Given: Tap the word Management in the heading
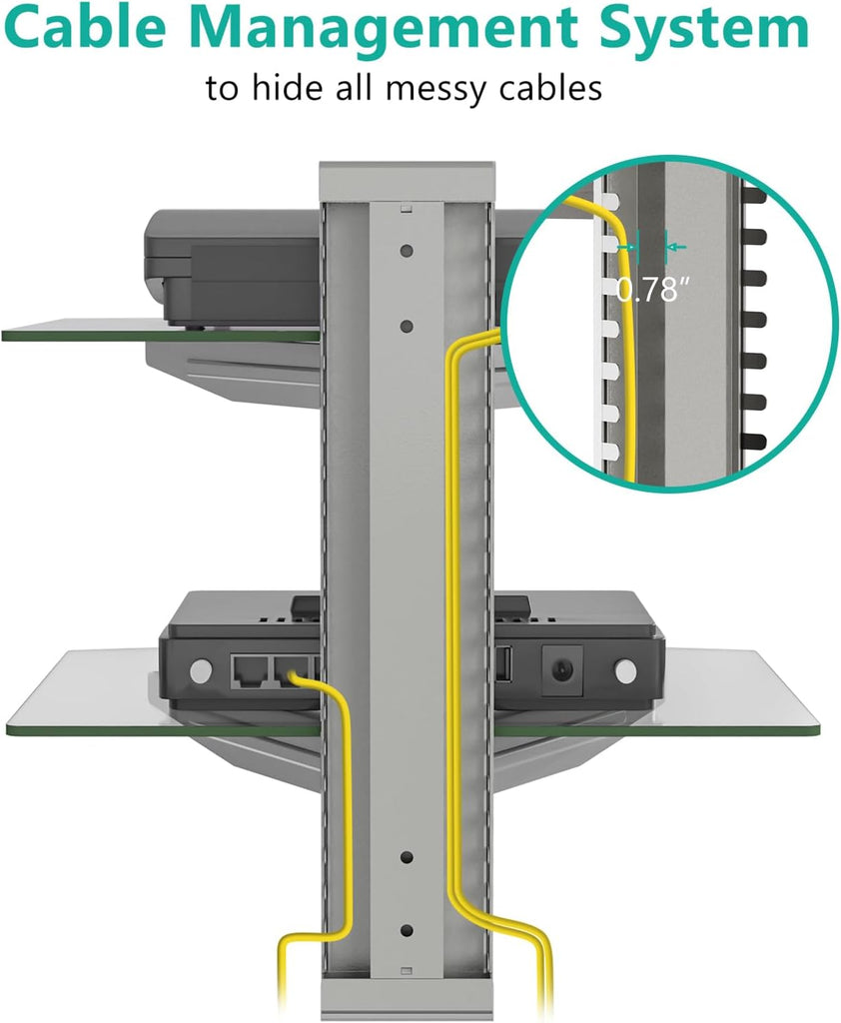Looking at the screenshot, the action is [383, 31].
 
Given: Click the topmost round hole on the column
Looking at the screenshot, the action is [407, 251].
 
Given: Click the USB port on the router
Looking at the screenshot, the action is [503, 664].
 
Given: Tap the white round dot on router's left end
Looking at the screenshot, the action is [201, 670].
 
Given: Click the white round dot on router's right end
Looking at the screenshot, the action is [625, 670].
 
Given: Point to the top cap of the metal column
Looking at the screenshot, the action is [408, 182].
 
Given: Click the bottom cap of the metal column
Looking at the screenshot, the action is [408, 999].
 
